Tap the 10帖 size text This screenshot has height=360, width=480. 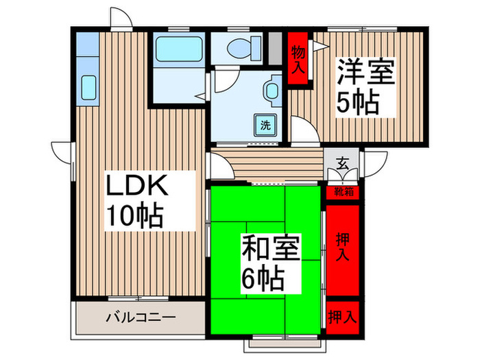(x=134, y=217)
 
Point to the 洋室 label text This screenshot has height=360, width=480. (x=365, y=72)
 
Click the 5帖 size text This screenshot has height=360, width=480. (x=357, y=103)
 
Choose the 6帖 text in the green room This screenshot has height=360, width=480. (x=262, y=280)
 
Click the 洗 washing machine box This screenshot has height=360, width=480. (x=264, y=125)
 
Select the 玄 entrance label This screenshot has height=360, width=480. (x=343, y=165)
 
